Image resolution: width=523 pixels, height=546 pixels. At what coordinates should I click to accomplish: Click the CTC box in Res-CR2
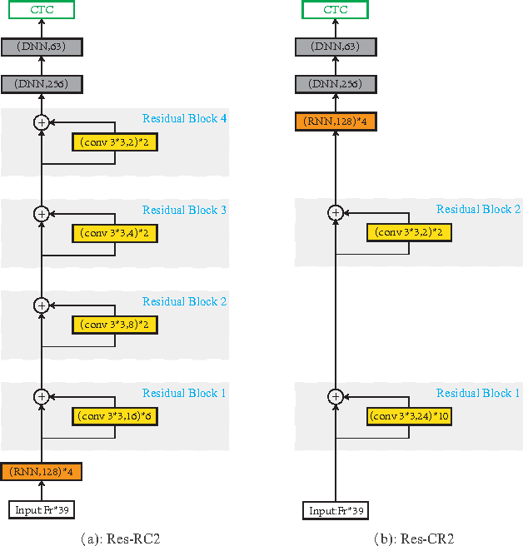[x=335, y=10]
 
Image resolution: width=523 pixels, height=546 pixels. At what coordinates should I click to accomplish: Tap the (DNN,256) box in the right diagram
[x=335, y=84]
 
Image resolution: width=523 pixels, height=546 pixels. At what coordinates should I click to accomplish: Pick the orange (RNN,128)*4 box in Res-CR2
[x=335, y=122]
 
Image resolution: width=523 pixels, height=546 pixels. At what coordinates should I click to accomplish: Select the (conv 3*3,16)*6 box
[x=114, y=415]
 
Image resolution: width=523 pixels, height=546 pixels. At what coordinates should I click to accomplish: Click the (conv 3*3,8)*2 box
[x=114, y=324]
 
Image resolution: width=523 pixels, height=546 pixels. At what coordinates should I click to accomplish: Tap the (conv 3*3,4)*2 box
[x=114, y=233]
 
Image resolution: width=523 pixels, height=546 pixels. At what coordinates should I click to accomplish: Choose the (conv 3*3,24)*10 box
[x=409, y=415]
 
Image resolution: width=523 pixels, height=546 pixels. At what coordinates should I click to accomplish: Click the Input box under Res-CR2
[x=335, y=509]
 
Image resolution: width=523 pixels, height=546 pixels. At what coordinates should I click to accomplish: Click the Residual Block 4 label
[x=184, y=118]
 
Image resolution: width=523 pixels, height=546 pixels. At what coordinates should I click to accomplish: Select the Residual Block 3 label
[x=184, y=210]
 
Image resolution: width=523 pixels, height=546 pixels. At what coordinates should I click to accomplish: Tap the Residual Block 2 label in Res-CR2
[x=478, y=210]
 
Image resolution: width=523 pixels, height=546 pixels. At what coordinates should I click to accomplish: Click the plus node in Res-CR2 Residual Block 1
[x=335, y=396]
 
